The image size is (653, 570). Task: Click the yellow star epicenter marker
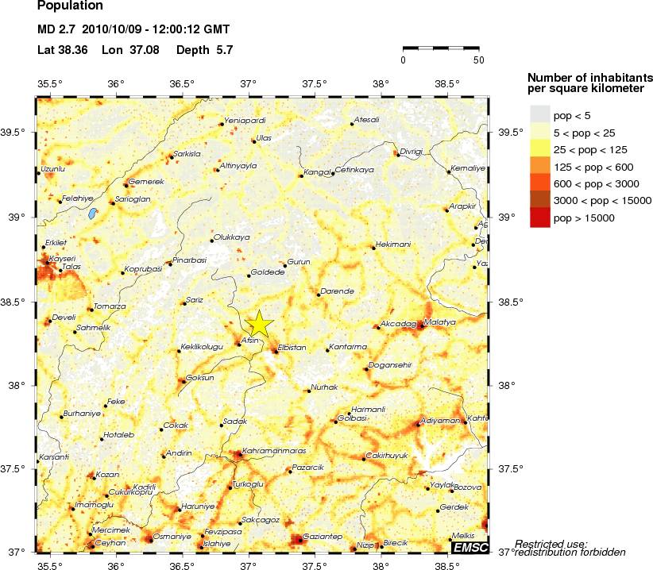(260, 324)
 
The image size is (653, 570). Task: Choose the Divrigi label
(412, 151)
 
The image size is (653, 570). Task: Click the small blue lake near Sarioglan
(92, 214)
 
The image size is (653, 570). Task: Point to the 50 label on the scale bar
(478, 60)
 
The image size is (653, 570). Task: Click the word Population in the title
(70, 6)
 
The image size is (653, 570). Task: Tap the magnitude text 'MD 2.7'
(56, 30)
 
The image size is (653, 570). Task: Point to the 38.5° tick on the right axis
(510, 302)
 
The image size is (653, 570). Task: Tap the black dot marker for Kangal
(301, 176)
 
